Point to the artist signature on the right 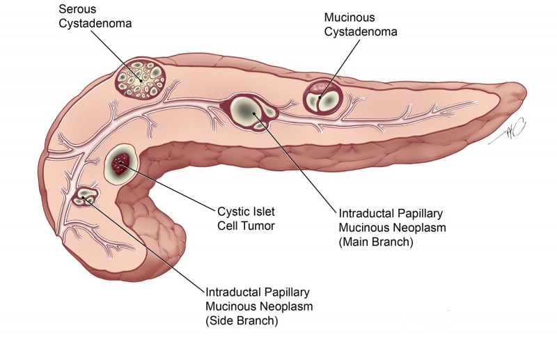514,132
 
